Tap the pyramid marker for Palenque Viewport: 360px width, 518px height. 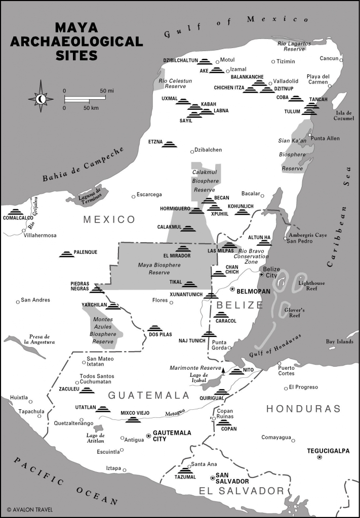click(67, 253)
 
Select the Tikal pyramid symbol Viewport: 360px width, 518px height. click(189, 284)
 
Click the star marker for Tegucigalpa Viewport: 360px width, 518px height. click(319, 458)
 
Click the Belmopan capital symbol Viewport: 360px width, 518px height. click(233, 289)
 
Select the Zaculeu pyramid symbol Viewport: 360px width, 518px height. click(87, 390)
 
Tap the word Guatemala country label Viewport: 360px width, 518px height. click(141, 396)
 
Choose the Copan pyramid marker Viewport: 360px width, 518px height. click(224, 423)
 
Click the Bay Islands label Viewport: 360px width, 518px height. click(339, 341)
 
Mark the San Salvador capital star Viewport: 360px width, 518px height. click(213, 477)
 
